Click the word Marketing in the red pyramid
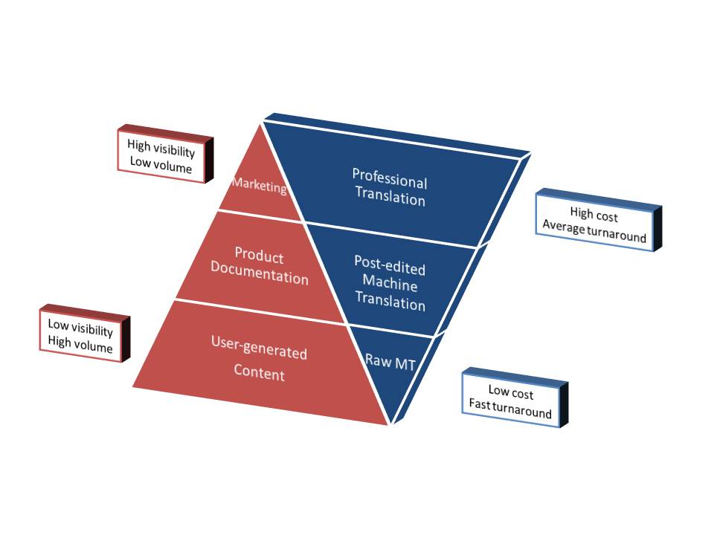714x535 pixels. pyautogui.click(x=260, y=187)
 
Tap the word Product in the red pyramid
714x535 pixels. pyautogui.click(x=259, y=257)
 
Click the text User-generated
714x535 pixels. pyautogui.click(x=259, y=352)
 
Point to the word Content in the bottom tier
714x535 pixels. pyautogui.click(x=259, y=373)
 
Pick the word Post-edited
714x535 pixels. pyautogui.click(x=389, y=265)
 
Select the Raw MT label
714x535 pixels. pyautogui.click(x=389, y=360)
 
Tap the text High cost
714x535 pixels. pyautogui.click(x=594, y=215)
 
